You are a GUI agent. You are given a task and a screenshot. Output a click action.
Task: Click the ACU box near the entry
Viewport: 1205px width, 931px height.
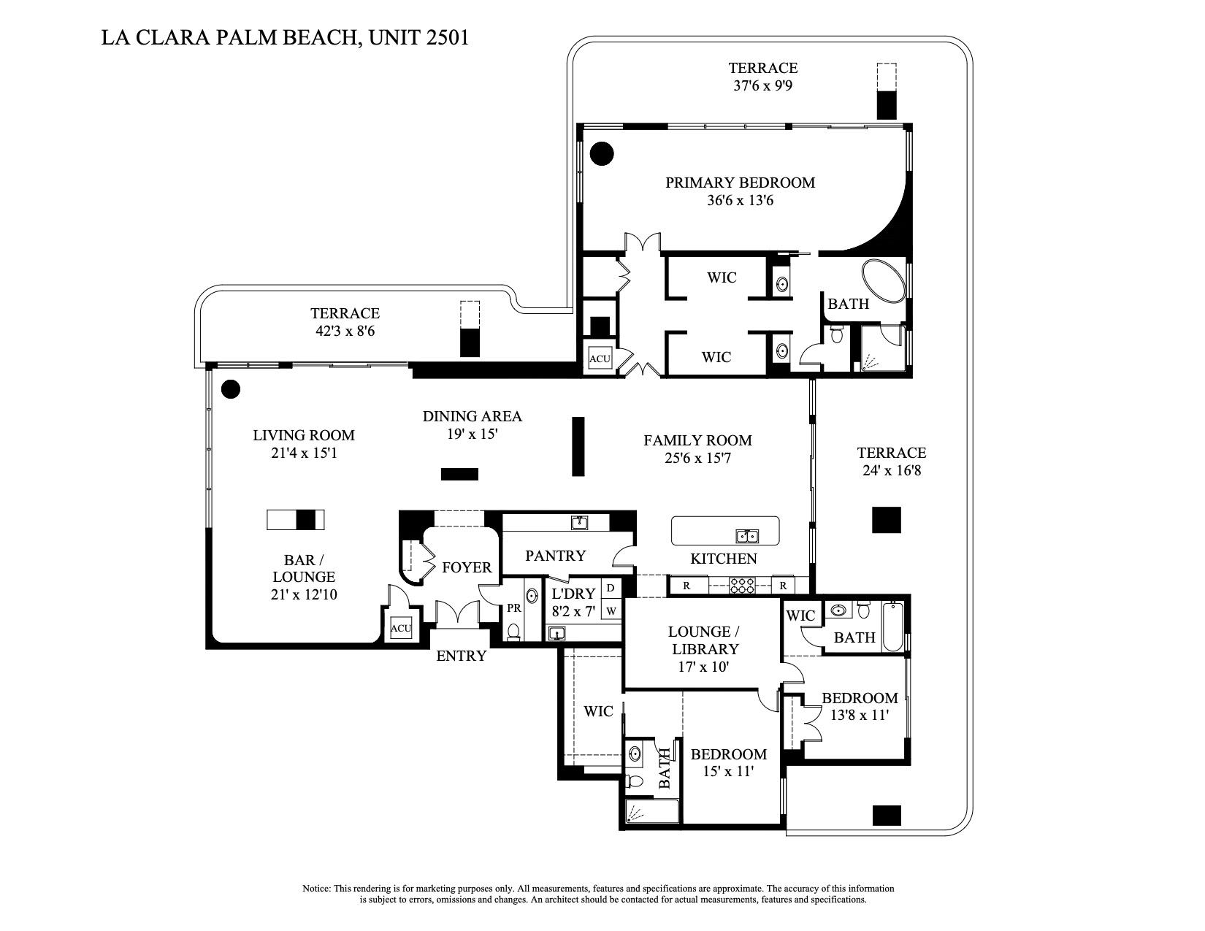pyautogui.click(x=401, y=628)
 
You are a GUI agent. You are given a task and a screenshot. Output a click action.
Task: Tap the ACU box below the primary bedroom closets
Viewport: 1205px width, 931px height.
pyautogui.click(x=600, y=359)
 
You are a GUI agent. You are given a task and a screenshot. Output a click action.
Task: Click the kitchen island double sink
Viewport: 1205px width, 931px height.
pyautogui.click(x=747, y=537)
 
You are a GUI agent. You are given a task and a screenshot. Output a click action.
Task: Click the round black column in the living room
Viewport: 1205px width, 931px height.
pyautogui.click(x=231, y=389)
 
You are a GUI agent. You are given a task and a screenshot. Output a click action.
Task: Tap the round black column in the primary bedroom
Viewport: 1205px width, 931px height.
pyautogui.click(x=602, y=153)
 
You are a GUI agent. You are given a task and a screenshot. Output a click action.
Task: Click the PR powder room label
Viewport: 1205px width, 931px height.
pyautogui.click(x=513, y=608)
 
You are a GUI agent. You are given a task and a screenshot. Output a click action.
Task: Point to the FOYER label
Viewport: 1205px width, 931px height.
pyautogui.click(x=467, y=567)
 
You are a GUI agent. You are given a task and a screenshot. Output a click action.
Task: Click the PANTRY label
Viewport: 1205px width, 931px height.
pyautogui.click(x=555, y=556)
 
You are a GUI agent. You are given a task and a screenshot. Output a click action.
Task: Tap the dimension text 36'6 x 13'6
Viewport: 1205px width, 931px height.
pyautogui.click(x=740, y=200)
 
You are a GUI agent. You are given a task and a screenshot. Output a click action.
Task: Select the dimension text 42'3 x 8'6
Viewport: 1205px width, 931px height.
pyautogui.click(x=345, y=331)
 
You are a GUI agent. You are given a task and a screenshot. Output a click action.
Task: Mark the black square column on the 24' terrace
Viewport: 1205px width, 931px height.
pyautogui.click(x=887, y=520)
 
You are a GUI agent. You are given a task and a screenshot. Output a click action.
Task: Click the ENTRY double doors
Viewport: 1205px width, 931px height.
pyautogui.click(x=458, y=613)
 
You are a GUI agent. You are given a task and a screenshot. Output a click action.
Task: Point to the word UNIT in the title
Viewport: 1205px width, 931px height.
pyautogui.click(x=395, y=37)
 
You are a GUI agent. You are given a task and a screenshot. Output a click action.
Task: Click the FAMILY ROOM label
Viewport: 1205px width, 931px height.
pyautogui.click(x=697, y=440)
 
